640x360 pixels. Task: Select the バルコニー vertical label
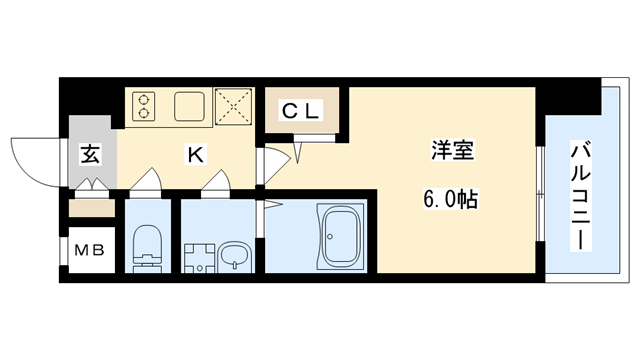point(581,196)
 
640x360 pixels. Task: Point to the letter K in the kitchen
point(197,155)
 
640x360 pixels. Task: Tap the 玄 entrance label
point(90,155)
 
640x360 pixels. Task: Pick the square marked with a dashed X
point(235,106)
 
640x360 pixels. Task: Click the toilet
point(148,245)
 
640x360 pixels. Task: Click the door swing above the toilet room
point(146,180)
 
